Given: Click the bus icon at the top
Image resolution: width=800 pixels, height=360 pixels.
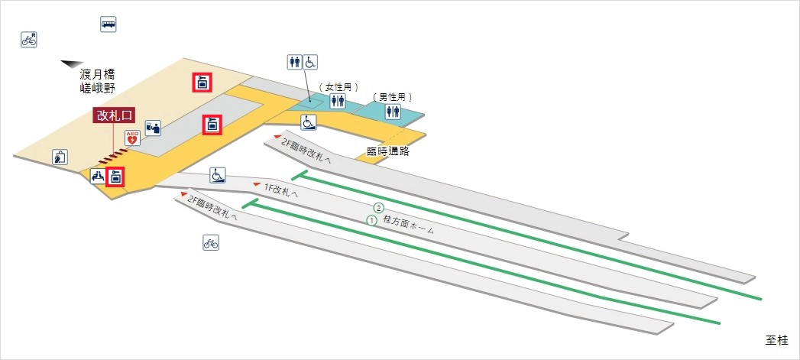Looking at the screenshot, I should click(x=108, y=24).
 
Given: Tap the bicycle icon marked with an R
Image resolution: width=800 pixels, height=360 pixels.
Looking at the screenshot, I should click(x=29, y=39).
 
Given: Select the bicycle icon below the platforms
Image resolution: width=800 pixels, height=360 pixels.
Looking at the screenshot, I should click(x=211, y=243).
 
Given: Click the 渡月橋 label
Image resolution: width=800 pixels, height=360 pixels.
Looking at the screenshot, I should click(x=98, y=75).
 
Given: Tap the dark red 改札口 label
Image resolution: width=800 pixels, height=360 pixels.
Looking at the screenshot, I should click(x=114, y=115).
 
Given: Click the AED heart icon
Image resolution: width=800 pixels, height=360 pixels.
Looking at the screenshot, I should click(x=131, y=138).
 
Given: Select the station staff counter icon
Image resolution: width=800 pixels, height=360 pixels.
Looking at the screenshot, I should click(x=153, y=128).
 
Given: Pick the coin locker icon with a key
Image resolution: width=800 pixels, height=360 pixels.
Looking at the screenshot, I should click(x=60, y=157).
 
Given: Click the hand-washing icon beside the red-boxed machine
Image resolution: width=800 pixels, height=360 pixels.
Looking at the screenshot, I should click(x=97, y=177).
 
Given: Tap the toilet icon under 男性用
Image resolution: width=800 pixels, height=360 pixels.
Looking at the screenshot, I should click(x=393, y=112).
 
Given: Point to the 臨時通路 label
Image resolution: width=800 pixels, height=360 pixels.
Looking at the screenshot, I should click(x=389, y=151).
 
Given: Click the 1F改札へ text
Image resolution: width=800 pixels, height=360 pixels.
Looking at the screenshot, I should click(x=280, y=191).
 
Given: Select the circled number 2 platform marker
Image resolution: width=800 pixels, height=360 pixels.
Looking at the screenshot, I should click(x=377, y=208).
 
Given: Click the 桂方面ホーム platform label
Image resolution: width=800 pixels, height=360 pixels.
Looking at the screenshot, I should click(x=408, y=225).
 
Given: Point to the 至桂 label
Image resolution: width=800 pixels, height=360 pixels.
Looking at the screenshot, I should click(x=779, y=339).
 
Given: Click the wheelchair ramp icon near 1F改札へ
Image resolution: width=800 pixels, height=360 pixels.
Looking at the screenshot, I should click(x=218, y=176).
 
